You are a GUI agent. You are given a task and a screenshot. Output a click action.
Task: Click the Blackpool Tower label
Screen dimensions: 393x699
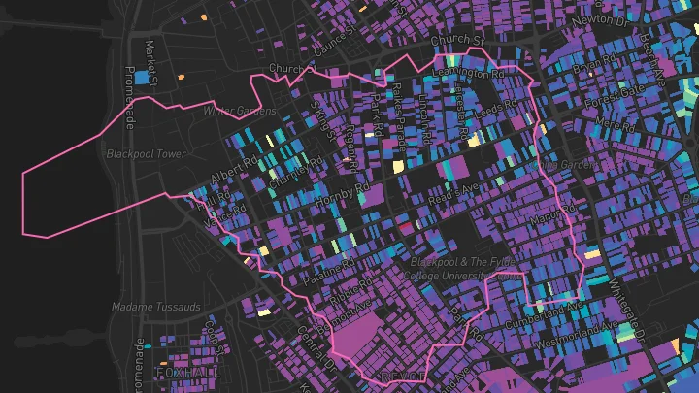click(x=146, y=153)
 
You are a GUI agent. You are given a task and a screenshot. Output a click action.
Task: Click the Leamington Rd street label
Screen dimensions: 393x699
click(x=469, y=72)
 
